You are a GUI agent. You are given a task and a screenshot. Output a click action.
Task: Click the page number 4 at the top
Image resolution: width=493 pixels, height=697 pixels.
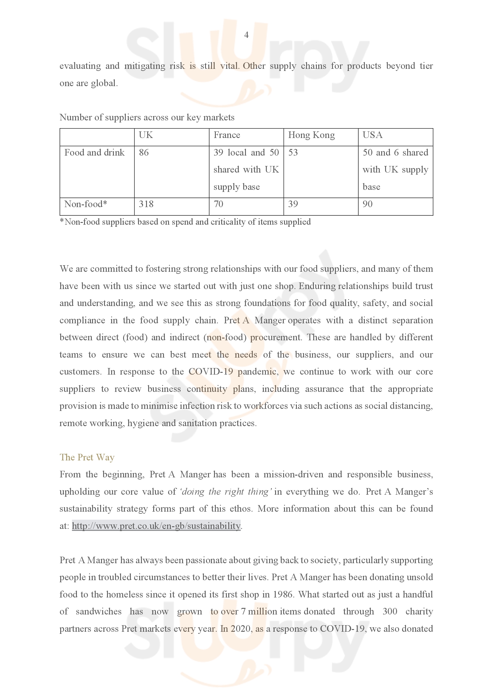(246, 35)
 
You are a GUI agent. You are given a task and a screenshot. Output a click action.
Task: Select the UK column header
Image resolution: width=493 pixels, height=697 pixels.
(146, 135)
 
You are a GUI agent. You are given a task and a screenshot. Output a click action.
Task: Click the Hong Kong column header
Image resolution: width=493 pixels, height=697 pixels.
(311, 135)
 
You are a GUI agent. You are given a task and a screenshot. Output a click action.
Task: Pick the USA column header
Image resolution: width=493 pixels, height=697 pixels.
(373, 135)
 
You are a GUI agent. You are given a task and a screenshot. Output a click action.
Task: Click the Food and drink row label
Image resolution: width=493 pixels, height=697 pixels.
(94, 152)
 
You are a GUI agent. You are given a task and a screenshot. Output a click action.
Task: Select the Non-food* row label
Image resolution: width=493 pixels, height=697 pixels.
(86, 204)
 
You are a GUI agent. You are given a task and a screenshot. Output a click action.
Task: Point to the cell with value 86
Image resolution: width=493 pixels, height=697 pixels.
(144, 152)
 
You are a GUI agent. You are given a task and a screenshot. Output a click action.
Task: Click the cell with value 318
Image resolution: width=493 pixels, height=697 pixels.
(146, 204)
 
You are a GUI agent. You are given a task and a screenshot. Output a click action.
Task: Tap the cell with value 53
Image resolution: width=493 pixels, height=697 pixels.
(293, 152)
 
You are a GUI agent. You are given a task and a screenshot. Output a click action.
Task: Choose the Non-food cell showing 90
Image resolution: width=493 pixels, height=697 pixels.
(367, 204)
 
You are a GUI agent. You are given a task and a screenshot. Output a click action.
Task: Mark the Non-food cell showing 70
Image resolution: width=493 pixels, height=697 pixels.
(218, 204)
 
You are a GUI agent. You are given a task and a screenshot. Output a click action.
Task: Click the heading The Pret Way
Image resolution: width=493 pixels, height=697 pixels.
(87, 457)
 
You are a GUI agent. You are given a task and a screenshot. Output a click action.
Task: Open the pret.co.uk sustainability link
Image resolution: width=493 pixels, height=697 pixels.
(156, 526)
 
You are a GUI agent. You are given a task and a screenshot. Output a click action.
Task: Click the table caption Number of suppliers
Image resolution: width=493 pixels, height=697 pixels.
(147, 117)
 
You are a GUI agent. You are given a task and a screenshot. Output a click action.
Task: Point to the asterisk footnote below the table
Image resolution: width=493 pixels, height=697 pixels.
(185, 222)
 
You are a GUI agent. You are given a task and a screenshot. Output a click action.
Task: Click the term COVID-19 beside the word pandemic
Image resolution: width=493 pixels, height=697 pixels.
(211, 372)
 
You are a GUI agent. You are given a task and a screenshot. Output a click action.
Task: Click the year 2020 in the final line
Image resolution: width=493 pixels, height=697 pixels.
(241, 629)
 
